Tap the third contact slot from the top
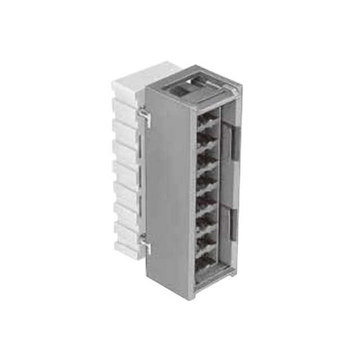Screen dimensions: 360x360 click(208, 157)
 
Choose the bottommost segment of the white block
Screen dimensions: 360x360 click(127, 250)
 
